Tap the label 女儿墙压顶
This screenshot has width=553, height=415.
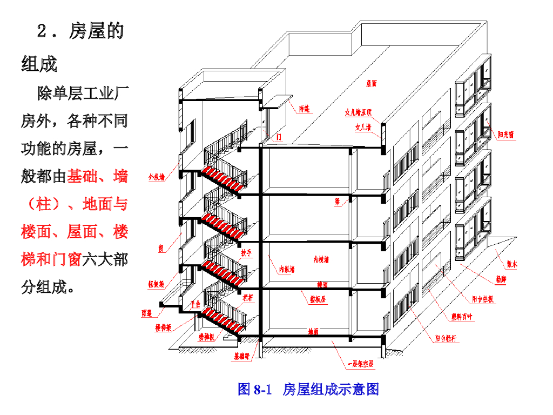359,113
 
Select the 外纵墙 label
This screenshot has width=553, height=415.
156,177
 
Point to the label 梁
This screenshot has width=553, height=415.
337,201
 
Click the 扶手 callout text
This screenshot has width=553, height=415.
246,252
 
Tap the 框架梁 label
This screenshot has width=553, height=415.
156,284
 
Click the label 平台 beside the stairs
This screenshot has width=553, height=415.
195,304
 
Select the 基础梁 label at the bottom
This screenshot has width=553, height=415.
241,357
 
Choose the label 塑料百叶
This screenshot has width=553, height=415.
462,317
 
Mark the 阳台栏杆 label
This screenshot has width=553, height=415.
447,339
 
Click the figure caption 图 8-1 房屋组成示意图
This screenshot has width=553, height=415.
308,389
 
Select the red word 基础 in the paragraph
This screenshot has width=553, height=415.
82,176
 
